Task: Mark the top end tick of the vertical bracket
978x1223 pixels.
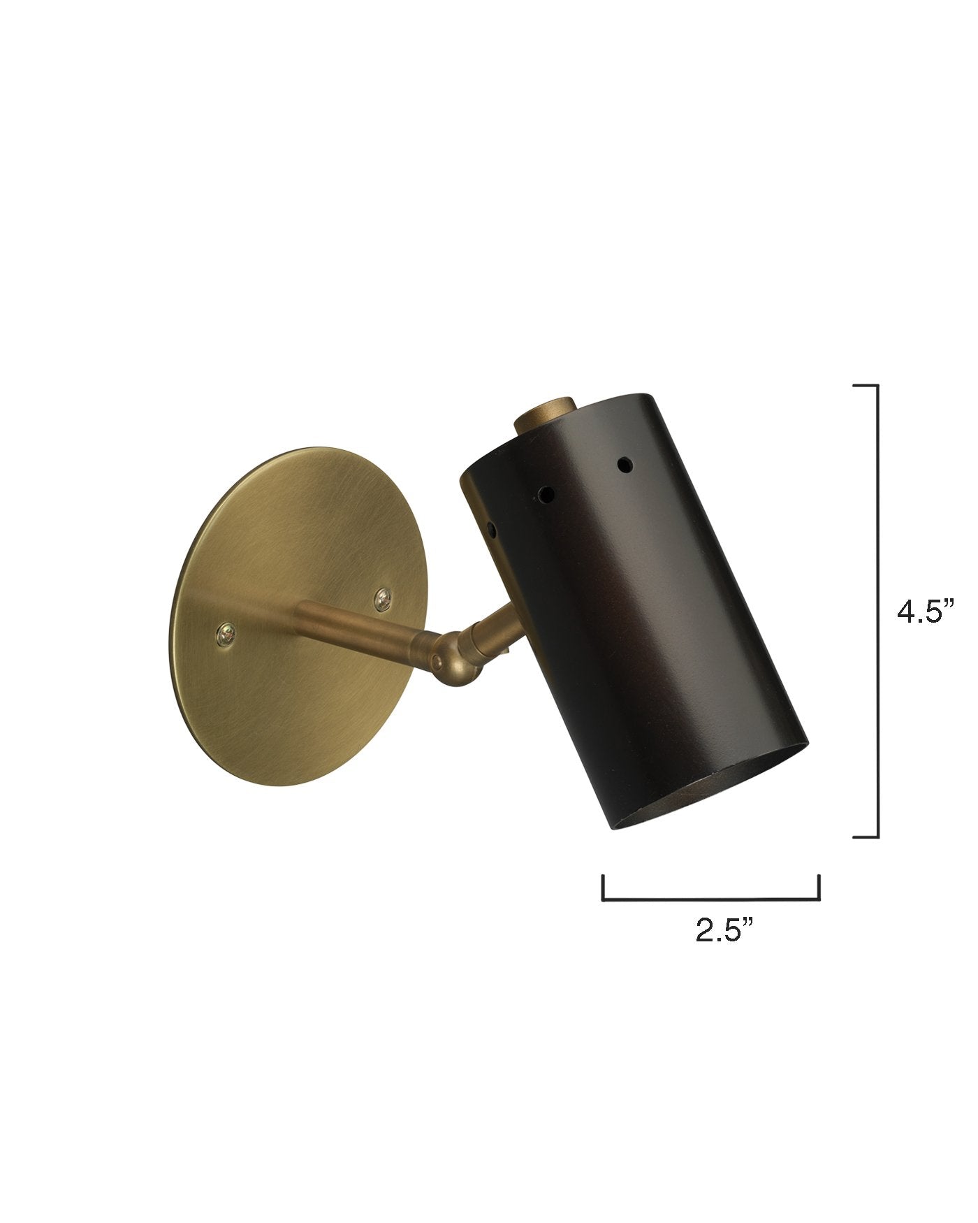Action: tap(866, 386)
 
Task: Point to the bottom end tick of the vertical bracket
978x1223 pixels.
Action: tap(866, 836)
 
